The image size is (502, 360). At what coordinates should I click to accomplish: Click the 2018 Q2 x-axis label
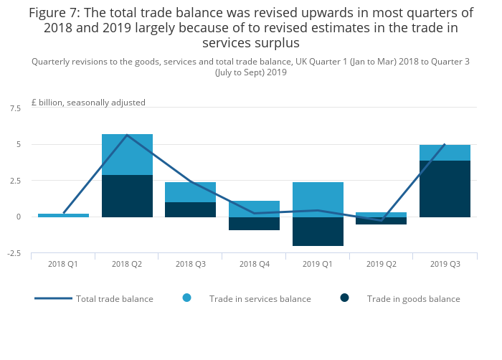point(127,265)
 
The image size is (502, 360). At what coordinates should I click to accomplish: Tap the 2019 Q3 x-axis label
point(445,265)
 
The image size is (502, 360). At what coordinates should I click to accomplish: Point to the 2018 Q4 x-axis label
point(254,265)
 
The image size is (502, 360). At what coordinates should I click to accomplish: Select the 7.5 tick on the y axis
point(15,108)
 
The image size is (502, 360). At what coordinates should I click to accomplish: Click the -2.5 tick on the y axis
point(14,253)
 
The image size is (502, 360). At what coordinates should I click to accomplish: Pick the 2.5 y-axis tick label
point(15,181)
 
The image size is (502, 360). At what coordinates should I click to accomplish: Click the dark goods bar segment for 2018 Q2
point(127,196)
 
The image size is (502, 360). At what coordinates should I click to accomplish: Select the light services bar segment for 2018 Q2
point(127,154)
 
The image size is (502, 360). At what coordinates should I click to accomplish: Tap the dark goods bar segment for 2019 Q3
point(445,189)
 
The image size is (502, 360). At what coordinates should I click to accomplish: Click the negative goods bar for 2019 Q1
point(318,231)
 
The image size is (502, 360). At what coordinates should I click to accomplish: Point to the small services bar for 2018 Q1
point(63,215)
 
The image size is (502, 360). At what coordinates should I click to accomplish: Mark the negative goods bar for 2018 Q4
point(254,223)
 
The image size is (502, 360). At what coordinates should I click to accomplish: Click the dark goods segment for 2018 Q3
point(191,209)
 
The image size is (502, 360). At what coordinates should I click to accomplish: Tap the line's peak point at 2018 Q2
point(127,135)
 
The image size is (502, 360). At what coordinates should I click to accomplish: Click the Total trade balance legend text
point(115,298)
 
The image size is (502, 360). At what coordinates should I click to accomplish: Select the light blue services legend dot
point(187,298)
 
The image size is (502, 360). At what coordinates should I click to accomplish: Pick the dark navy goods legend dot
point(345,298)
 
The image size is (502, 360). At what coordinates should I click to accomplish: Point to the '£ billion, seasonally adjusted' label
point(88,103)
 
